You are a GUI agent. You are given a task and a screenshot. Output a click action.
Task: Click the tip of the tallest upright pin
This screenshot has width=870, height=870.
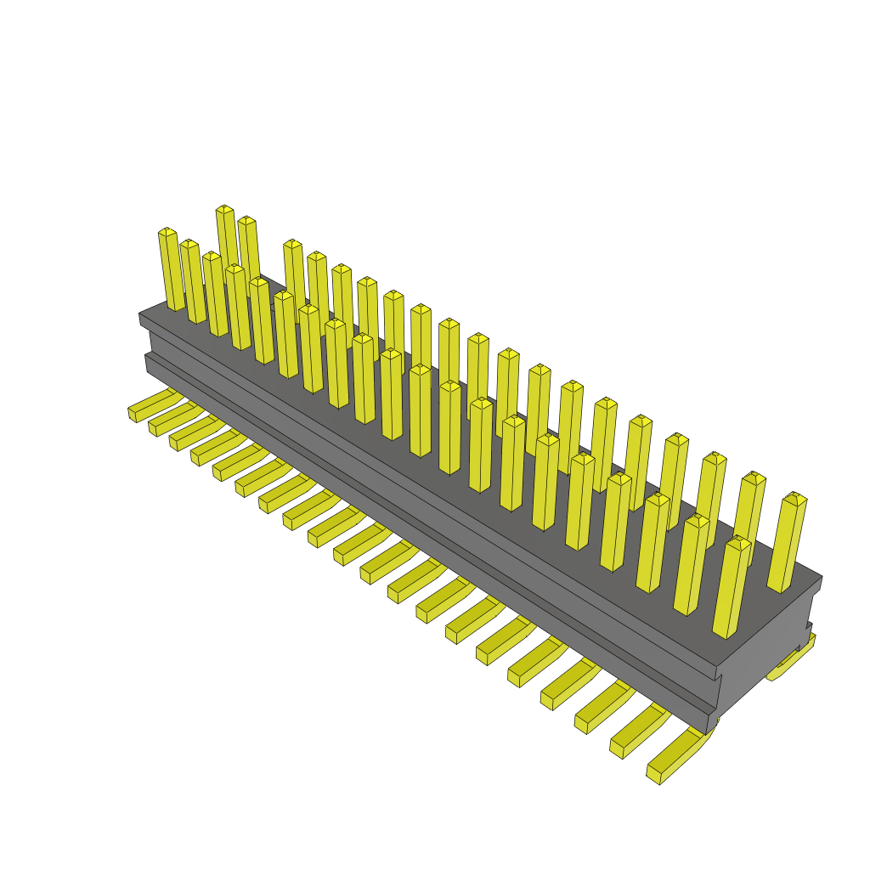224,209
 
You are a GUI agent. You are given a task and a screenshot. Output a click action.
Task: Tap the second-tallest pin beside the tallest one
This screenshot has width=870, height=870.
246,221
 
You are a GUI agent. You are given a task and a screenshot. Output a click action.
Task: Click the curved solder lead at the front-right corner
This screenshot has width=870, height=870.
680,756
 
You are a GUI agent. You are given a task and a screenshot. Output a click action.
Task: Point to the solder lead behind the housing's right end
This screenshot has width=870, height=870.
790,663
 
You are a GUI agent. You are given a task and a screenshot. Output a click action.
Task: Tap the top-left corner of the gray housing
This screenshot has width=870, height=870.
140,314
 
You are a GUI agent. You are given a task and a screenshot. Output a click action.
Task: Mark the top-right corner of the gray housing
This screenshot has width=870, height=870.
821,578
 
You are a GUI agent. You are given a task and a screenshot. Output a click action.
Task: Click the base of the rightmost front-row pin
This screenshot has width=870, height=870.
724,632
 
